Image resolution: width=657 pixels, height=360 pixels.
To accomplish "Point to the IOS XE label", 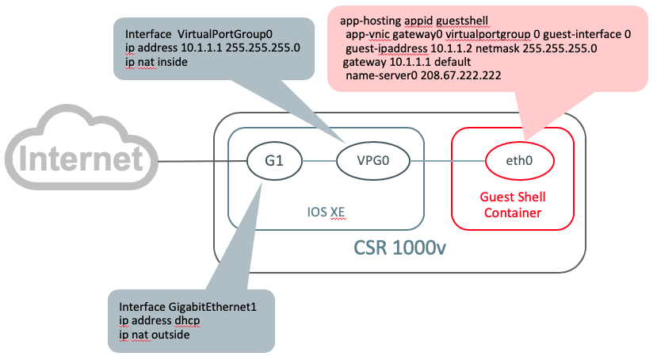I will pyautogui.click(x=326, y=213).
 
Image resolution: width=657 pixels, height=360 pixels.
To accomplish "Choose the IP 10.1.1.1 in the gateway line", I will pyautogui.click(x=413, y=61).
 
